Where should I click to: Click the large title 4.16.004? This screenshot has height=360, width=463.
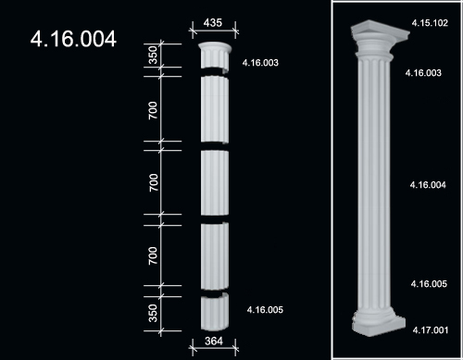click(73, 39)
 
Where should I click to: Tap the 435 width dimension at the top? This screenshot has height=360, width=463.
click(213, 23)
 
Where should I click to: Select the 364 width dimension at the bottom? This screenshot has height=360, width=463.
click(214, 341)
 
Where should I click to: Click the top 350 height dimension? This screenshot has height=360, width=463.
click(153, 55)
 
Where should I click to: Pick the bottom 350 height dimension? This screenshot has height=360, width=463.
click(153, 313)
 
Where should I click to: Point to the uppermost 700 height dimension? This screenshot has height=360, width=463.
click(153, 110)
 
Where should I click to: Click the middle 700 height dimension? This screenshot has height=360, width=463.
click(153, 182)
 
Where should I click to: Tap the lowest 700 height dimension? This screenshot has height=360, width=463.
click(153, 255)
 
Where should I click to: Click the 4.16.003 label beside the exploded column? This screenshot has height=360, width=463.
click(260, 63)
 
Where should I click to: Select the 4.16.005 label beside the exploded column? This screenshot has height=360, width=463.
click(265, 310)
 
